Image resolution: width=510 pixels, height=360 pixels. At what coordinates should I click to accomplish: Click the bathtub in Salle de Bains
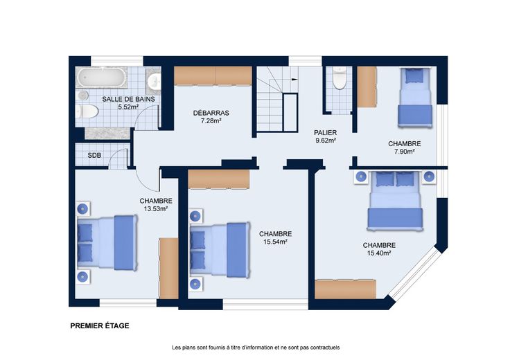tap(101, 78)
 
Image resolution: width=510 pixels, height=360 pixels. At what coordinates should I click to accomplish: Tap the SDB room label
tap(94, 156)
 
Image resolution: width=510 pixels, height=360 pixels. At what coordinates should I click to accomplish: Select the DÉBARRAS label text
tap(211, 113)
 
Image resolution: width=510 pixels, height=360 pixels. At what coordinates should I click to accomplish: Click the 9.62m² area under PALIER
tap(326, 141)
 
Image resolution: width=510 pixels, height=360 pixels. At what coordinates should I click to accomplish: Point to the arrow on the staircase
tap(294, 79)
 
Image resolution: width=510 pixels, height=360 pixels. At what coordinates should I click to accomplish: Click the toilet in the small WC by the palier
tap(340, 78)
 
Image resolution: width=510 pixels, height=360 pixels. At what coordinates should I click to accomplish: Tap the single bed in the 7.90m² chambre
tap(415, 98)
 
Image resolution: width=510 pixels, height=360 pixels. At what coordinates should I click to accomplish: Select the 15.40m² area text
tap(379, 253)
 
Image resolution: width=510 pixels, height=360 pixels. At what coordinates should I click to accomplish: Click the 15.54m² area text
tap(276, 242)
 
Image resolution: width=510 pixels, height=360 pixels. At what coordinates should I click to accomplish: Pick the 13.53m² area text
tap(156, 209)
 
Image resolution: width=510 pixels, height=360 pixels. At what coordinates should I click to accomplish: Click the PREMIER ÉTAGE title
tap(100, 325)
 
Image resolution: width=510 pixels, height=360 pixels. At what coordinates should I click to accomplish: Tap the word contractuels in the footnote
tap(325, 348)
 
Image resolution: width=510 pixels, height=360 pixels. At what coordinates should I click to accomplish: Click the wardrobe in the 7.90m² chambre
tap(367, 87)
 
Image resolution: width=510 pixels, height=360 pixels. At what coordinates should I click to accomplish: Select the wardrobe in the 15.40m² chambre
tap(345, 289)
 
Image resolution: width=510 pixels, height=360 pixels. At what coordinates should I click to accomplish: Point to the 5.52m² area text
tap(129, 107)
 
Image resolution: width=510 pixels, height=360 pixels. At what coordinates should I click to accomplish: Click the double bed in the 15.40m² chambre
tap(395, 201)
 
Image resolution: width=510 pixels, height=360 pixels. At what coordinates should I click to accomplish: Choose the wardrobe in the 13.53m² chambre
tap(168, 269)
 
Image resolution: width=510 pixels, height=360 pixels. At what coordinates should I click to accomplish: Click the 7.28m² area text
tap(211, 121)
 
